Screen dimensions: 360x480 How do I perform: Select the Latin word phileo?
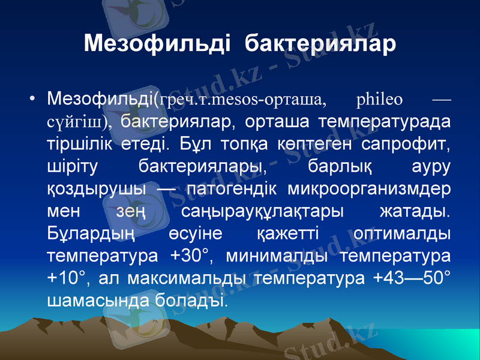click(x=379, y=98)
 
